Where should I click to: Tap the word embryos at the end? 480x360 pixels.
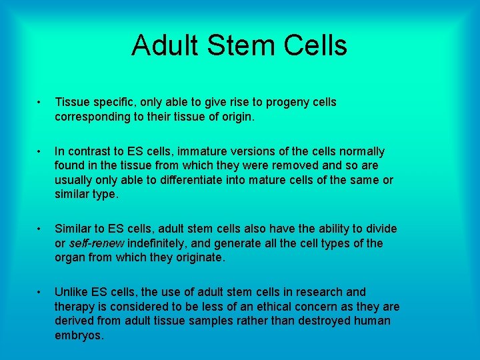[x=79, y=335]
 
